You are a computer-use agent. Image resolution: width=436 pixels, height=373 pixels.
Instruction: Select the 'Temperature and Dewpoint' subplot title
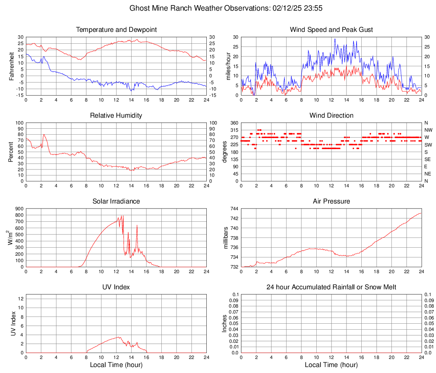pos(116,30)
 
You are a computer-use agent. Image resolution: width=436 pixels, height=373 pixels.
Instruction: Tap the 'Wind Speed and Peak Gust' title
pos(331,30)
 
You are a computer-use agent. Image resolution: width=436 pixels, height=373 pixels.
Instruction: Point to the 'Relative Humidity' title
pos(116,116)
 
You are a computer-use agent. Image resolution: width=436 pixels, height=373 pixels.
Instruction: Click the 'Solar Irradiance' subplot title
pos(116,201)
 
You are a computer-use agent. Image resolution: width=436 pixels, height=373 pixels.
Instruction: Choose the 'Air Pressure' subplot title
pos(331,201)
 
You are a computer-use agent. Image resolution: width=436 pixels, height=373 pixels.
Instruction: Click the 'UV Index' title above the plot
pos(116,287)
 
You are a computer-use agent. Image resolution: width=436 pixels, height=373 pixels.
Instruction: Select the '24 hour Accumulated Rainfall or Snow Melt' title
pos(331,287)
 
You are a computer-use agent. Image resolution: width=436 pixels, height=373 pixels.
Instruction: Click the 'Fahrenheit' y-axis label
pos(11,66)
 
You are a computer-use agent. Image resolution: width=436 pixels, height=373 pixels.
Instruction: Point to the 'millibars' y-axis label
pos(227,238)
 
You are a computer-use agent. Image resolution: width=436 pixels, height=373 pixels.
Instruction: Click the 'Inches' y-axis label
pos(225,324)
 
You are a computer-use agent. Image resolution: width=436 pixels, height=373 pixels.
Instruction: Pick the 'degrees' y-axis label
pos(225,152)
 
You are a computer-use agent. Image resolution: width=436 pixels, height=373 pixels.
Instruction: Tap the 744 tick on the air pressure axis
pos(234,209)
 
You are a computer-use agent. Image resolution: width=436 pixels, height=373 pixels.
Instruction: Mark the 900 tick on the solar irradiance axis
pos(19,209)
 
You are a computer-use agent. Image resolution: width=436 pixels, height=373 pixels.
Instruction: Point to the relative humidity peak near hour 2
pos(44,135)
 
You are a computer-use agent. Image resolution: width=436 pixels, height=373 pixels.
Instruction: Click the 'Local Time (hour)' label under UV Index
pos(116,365)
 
